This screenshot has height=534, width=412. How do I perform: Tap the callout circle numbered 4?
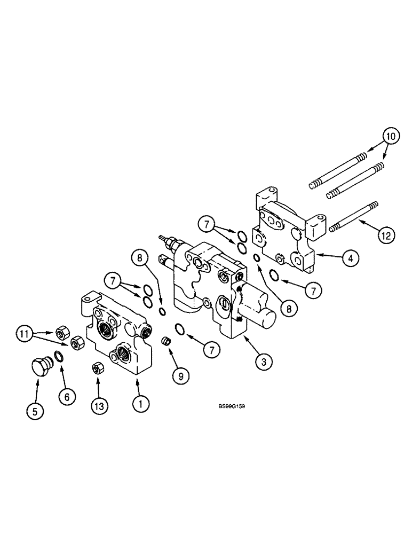(350, 258)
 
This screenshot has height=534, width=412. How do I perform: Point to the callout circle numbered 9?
(180, 376)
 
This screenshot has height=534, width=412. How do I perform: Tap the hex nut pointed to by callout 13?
(97, 368)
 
